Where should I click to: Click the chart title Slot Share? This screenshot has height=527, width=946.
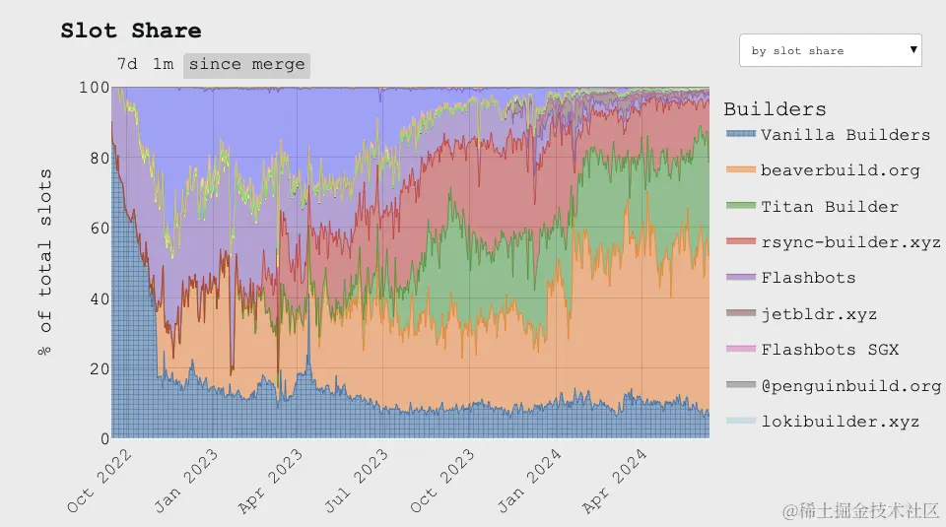130,31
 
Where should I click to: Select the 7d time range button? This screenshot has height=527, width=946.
127,64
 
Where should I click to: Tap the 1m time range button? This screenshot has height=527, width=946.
163,64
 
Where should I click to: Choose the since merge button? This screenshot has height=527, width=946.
246,65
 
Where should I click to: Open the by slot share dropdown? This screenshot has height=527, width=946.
830,50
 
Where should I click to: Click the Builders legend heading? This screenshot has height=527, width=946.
775,109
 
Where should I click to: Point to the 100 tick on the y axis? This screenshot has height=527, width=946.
94,87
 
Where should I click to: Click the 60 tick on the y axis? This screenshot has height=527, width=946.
98,228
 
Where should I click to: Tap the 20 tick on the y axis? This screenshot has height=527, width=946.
98,368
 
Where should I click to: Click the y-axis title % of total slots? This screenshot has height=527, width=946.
46,263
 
